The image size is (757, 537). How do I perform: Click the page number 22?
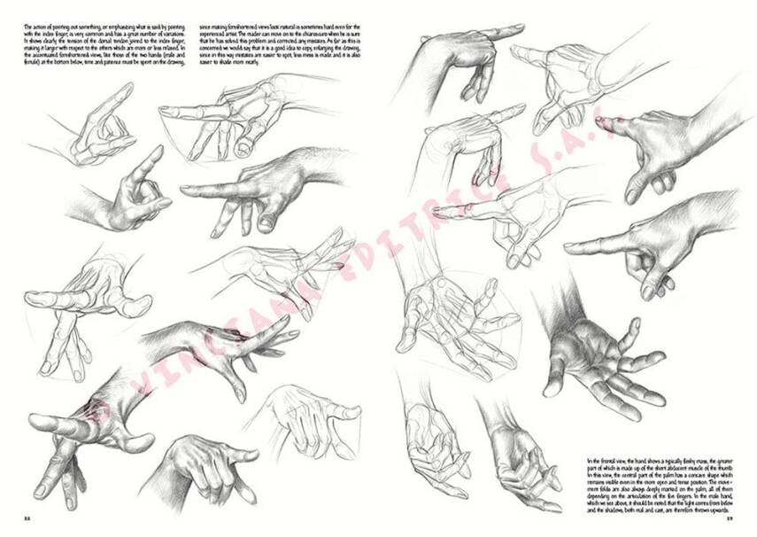point(27,518)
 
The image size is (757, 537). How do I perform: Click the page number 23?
point(730,518)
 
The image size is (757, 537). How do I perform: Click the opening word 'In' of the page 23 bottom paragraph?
point(591,462)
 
